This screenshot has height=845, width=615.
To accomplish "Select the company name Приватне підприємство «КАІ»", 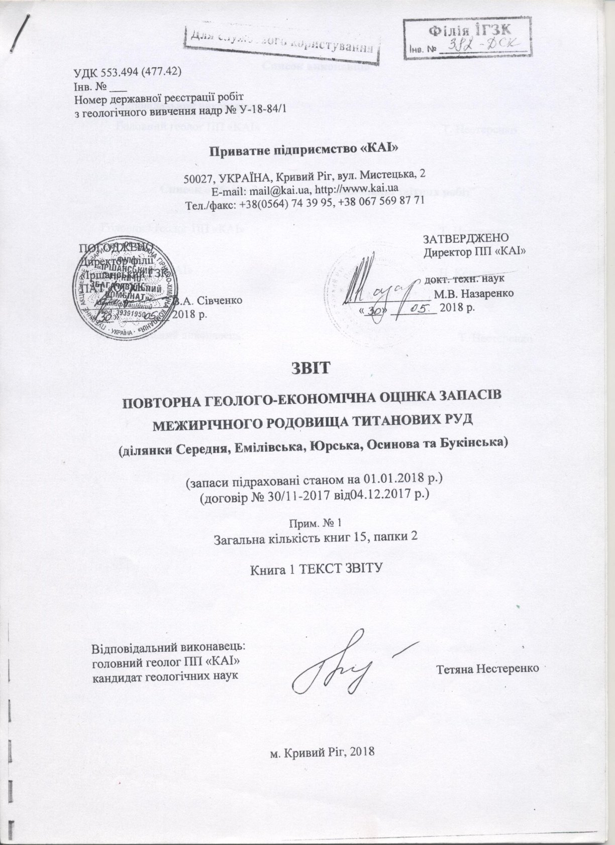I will pyautogui.click(x=307, y=149).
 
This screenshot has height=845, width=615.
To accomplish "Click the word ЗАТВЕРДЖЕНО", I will pyautogui.click(x=467, y=238).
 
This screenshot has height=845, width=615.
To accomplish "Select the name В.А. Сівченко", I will pyautogui.click(x=209, y=301).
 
